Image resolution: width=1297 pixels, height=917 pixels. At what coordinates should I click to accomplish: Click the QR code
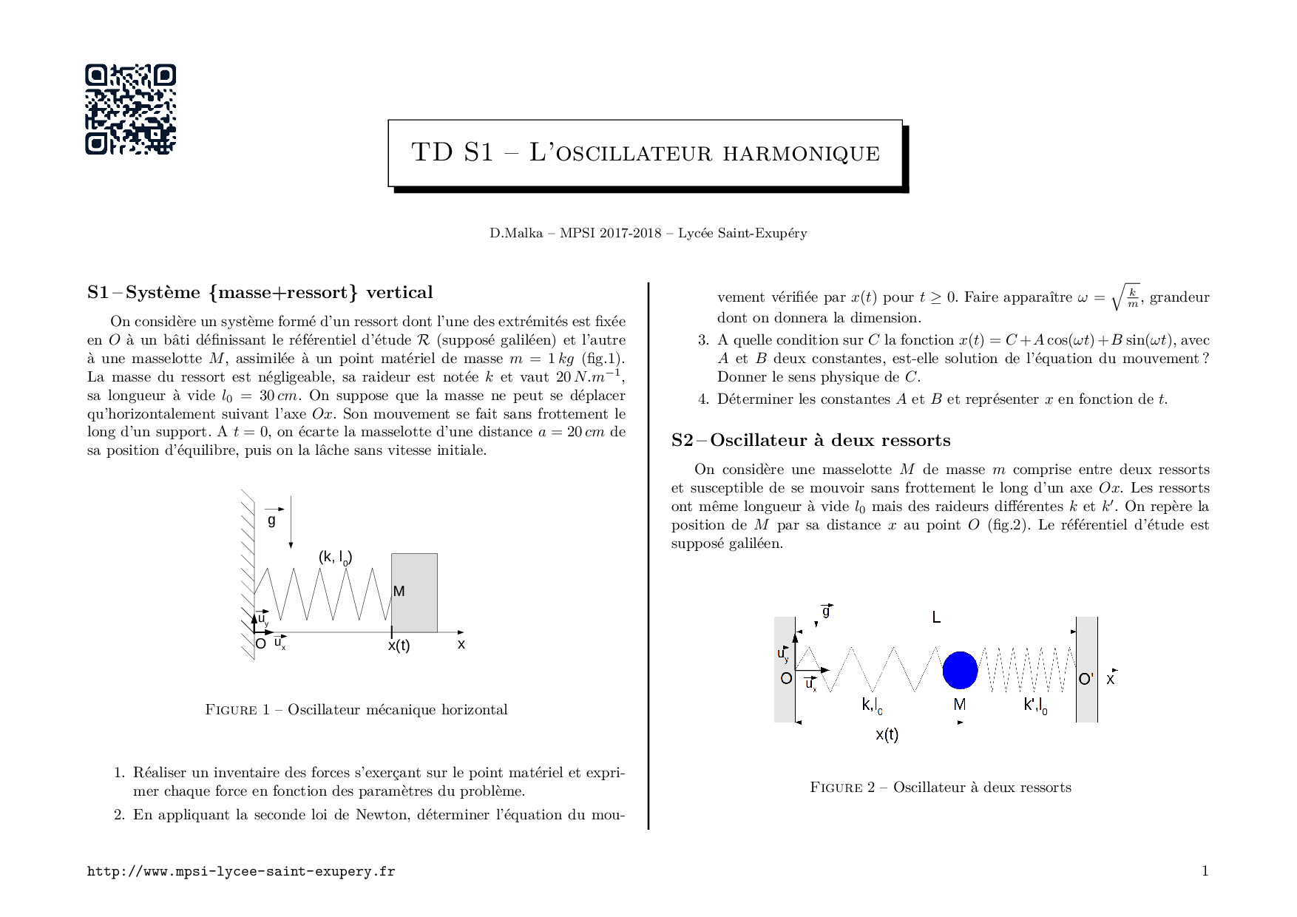pyautogui.click(x=130, y=109)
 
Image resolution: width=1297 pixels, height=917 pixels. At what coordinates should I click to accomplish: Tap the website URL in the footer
pyautogui.click(x=241, y=871)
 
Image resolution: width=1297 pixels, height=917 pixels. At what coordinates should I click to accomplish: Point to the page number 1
pyautogui.click(x=1205, y=870)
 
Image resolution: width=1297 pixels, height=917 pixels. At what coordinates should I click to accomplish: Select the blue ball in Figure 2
pyautogui.click(x=960, y=670)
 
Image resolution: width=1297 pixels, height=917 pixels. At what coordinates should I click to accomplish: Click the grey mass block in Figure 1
pyautogui.click(x=414, y=593)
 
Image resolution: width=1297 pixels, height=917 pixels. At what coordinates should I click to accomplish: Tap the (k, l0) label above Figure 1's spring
pyautogui.click(x=335, y=558)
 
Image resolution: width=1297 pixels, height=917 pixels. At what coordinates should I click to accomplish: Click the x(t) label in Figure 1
pyautogui.click(x=399, y=646)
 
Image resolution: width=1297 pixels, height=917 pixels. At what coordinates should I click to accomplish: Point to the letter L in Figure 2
pyautogui.click(x=936, y=617)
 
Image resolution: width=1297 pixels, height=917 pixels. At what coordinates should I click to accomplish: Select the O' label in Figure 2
pyautogui.click(x=1086, y=679)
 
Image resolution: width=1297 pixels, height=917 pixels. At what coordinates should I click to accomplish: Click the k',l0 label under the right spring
pyautogui.click(x=1035, y=705)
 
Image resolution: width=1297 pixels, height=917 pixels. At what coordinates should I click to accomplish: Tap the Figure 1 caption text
pyautogui.click(x=356, y=710)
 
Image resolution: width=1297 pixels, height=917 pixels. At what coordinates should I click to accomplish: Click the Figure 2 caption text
pyautogui.click(x=941, y=788)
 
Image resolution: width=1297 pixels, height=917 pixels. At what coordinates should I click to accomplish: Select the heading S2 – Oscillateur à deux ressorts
pyautogui.click(x=810, y=441)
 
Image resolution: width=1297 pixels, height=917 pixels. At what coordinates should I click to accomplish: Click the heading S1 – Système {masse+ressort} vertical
pyautogui.click(x=260, y=293)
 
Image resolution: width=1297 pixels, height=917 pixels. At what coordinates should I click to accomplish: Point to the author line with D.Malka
pyautogui.click(x=648, y=234)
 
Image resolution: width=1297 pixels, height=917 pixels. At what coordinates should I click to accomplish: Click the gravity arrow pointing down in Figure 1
pyautogui.click(x=291, y=522)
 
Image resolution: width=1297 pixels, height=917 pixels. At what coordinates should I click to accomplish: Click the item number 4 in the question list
pyautogui.click(x=703, y=400)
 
